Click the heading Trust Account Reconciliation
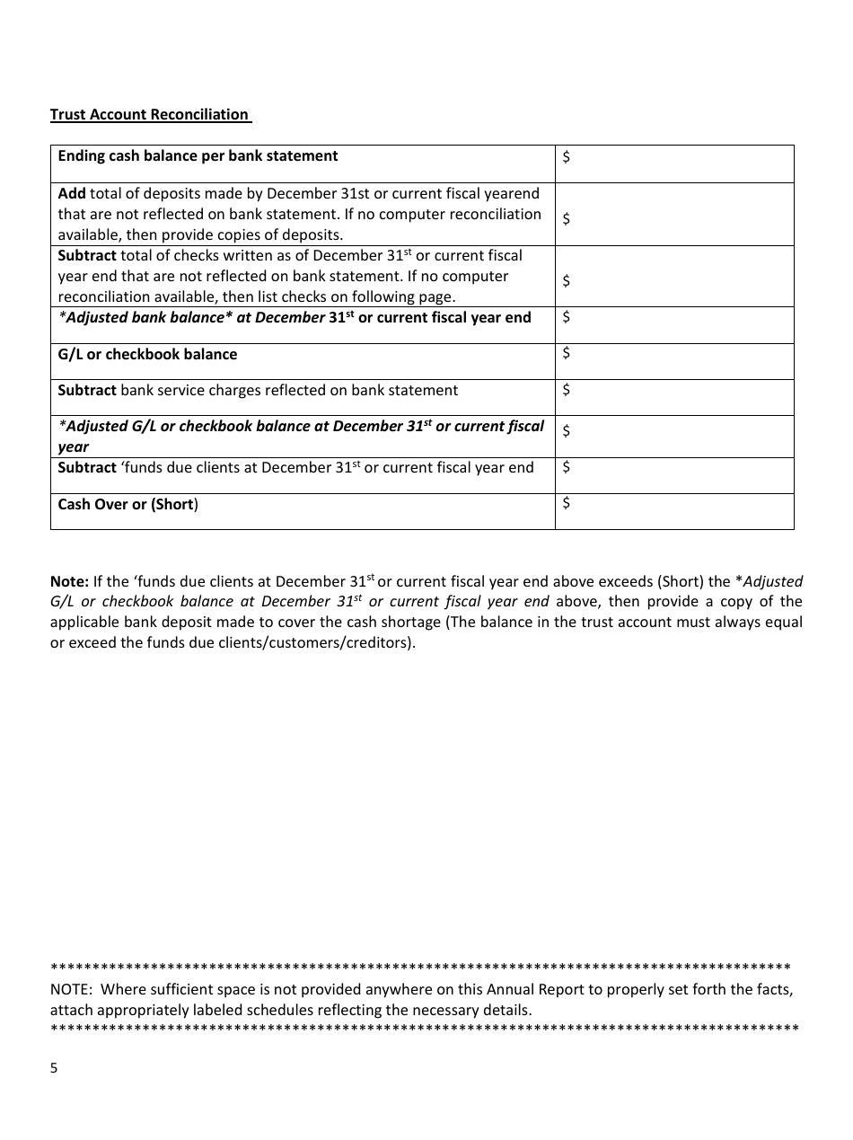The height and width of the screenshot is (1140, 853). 150,114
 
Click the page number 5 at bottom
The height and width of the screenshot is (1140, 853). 54,1068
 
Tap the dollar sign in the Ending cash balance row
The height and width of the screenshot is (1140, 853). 566,157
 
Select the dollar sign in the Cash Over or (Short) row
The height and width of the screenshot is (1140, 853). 566,503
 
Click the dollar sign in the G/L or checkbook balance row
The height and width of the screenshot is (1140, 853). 566,353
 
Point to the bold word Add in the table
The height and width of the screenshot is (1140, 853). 72,193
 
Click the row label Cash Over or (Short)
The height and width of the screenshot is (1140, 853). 128,504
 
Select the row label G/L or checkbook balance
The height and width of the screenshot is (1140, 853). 147,354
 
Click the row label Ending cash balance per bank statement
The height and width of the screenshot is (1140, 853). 198,156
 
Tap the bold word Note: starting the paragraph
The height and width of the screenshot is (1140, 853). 69,581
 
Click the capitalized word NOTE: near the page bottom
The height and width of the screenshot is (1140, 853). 71,989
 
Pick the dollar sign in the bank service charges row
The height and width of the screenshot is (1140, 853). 566,390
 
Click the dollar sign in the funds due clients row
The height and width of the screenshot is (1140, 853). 566,467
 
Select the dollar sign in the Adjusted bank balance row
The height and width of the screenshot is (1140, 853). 566,316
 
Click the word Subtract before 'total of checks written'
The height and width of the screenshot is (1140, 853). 87,255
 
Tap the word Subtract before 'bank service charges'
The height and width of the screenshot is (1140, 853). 87,390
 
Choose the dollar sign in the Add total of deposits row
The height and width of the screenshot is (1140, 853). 566,218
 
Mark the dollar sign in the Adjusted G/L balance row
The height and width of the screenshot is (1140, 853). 566,431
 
